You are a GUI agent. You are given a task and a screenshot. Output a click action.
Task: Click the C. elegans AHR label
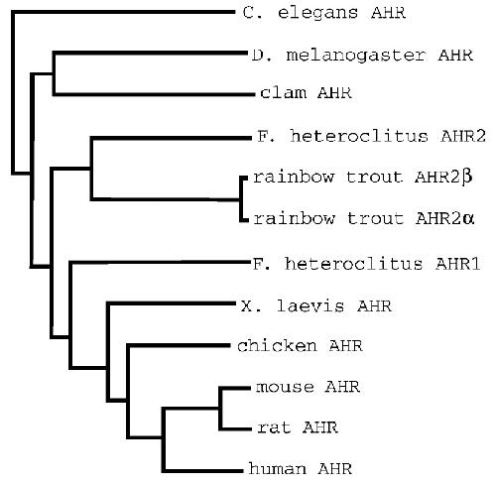pyautogui.click(x=324, y=13)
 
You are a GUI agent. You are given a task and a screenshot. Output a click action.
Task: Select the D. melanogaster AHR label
pyautogui.click(x=362, y=55)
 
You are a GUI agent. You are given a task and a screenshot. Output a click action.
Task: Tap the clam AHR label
pyautogui.click(x=306, y=92)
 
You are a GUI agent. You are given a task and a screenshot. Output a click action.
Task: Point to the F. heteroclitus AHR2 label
pyautogui.click(x=371, y=136)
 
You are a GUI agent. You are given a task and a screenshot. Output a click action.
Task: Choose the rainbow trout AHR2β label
pyautogui.click(x=363, y=178)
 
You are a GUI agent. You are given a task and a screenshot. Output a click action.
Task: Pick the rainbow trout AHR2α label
pyautogui.click(x=364, y=218)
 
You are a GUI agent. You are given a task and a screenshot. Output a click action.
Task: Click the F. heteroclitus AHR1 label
pyautogui.click(x=366, y=264)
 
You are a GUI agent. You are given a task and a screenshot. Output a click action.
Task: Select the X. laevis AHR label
pyautogui.click(x=316, y=305)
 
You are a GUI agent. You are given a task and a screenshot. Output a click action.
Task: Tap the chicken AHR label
pyautogui.click(x=300, y=346)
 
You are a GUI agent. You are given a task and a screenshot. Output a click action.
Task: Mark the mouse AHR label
pyautogui.click(x=308, y=387)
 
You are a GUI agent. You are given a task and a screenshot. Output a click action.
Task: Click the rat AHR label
pyautogui.click(x=298, y=427)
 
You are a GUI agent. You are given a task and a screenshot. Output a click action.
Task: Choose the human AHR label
pyautogui.click(x=301, y=468)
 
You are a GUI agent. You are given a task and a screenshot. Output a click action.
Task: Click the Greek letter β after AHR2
pyautogui.click(x=467, y=178)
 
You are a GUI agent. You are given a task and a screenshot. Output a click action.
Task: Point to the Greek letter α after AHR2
pyautogui.click(x=468, y=219)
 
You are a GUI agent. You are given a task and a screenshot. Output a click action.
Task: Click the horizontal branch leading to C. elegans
pyautogui.click(x=123, y=12)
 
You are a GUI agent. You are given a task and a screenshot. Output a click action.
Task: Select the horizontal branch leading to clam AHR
pyautogui.click(x=154, y=94)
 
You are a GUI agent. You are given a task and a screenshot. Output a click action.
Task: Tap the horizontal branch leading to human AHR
pyautogui.click(x=202, y=470)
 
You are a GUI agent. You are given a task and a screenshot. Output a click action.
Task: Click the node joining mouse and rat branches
pyautogui.click(x=220, y=409)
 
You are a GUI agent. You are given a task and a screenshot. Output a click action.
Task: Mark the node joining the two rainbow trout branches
pyautogui.click(x=241, y=199)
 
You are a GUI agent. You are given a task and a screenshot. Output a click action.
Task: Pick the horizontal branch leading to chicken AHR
pyautogui.click(x=179, y=346)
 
